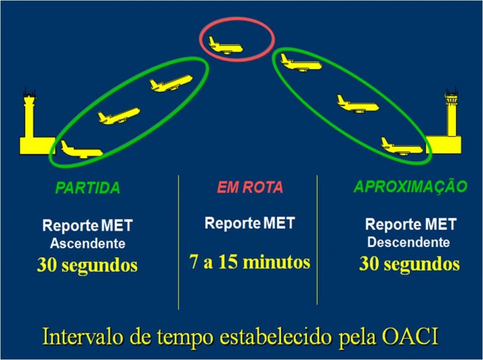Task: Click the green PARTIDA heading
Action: (88, 188)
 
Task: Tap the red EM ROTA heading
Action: (250, 187)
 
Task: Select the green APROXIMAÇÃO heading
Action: (411, 186)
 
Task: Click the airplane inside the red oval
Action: (226, 46)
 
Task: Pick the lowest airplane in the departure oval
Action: (82, 150)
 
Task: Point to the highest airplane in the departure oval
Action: (171, 83)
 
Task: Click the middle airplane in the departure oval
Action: (119, 116)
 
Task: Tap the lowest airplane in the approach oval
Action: (402, 147)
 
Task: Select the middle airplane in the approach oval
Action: (358, 104)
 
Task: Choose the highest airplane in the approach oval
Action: (301, 63)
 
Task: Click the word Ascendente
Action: (88, 243)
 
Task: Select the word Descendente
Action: (409, 242)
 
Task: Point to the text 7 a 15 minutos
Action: (249, 262)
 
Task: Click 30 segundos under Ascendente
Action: (87, 265)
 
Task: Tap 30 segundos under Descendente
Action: (409, 264)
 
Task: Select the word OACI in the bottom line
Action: (410, 337)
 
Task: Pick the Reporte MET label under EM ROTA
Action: (250, 223)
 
